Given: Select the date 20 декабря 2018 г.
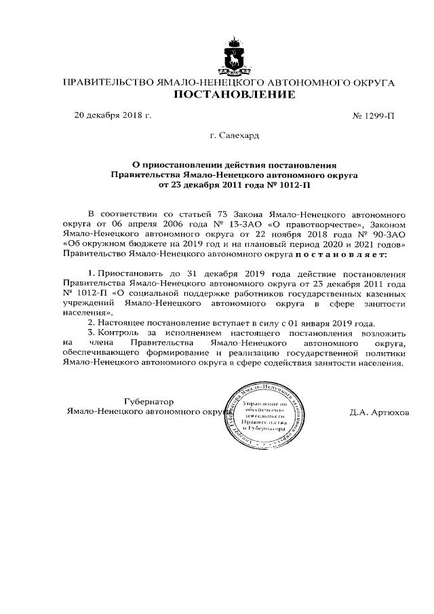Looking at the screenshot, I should pyautogui.click(x=113, y=115).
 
